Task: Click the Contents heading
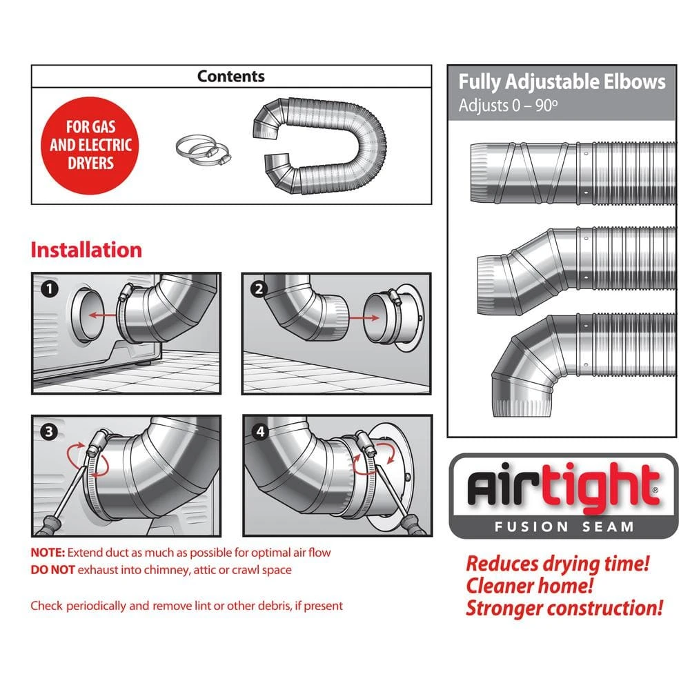[230, 76]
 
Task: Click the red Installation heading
[86, 250]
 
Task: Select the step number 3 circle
[48, 433]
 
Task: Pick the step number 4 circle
[259, 433]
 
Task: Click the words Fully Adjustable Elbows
[562, 82]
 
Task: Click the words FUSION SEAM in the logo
[563, 526]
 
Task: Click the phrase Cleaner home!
[529, 586]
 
